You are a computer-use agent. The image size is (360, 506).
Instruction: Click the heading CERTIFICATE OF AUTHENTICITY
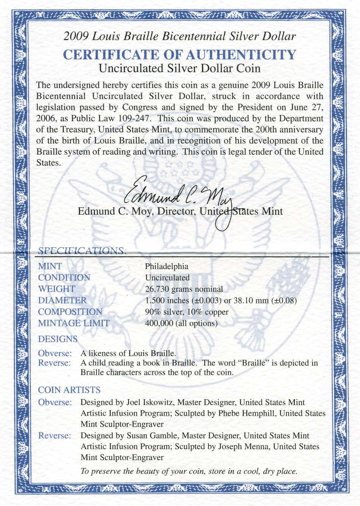[x=179, y=55]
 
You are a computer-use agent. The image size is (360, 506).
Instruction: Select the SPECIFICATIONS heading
[x=82, y=250]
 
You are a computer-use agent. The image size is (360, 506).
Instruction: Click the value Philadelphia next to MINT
[x=166, y=266]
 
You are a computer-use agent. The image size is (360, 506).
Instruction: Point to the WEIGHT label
[x=56, y=289]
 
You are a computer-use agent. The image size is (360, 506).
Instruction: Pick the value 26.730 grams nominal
[x=184, y=289]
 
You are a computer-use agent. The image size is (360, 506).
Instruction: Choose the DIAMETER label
[x=62, y=300]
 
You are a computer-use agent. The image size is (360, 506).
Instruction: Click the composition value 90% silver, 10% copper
[x=187, y=312]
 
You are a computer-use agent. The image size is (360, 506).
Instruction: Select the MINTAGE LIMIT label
[x=74, y=323]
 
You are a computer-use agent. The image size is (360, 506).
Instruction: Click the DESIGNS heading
[x=58, y=339]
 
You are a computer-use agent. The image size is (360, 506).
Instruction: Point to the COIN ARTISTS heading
[x=69, y=390]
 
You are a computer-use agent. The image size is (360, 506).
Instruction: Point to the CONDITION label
[x=64, y=278]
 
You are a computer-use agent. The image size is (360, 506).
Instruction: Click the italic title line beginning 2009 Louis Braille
[x=179, y=36]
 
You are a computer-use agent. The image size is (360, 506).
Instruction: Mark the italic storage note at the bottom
[x=189, y=471]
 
